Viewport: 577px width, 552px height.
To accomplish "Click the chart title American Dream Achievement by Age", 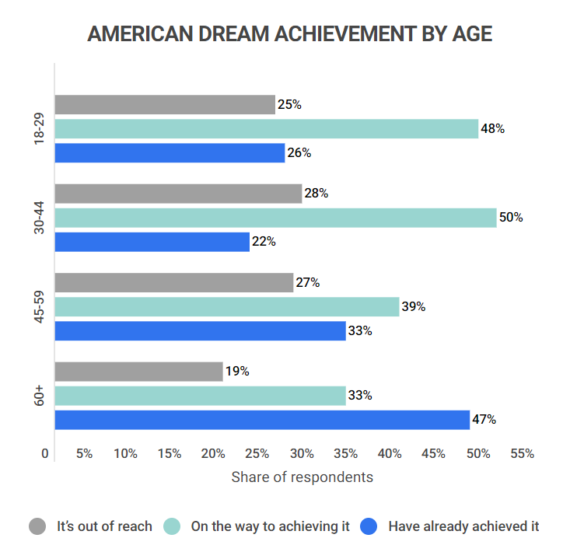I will pyautogui.click(x=289, y=35).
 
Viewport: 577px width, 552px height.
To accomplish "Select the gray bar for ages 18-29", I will pyautogui.click(x=165, y=105).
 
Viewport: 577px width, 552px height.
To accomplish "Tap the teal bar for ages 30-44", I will pyautogui.click(x=275, y=218).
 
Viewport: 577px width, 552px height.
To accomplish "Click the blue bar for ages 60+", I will pyautogui.click(x=262, y=420).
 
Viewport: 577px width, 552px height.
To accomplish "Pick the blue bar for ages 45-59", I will pyautogui.click(x=200, y=331).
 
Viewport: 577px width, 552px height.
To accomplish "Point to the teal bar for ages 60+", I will pyautogui.click(x=200, y=396).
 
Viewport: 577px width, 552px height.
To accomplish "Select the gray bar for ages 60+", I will pyautogui.click(x=138, y=372).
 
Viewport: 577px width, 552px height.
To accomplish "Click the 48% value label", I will pyautogui.click(x=493, y=129).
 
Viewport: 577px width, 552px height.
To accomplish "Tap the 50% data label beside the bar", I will pyautogui.click(x=511, y=218).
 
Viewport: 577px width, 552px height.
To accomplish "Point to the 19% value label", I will pyautogui.click(x=237, y=372).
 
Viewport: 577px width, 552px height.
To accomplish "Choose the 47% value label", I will pyautogui.click(x=484, y=420).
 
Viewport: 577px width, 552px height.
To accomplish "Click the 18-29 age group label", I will pyautogui.click(x=39, y=129).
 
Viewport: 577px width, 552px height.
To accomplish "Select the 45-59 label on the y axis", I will pyautogui.click(x=39, y=307).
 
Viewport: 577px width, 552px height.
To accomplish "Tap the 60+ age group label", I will pyautogui.click(x=39, y=396).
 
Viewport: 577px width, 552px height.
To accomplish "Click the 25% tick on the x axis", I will pyautogui.click(x=257, y=454).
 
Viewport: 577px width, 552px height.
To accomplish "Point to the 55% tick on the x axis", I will pyautogui.click(x=523, y=454).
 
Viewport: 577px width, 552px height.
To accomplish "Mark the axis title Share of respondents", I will pyautogui.click(x=302, y=477).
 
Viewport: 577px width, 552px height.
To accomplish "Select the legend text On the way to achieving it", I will pyautogui.click(x=271, y=526).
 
